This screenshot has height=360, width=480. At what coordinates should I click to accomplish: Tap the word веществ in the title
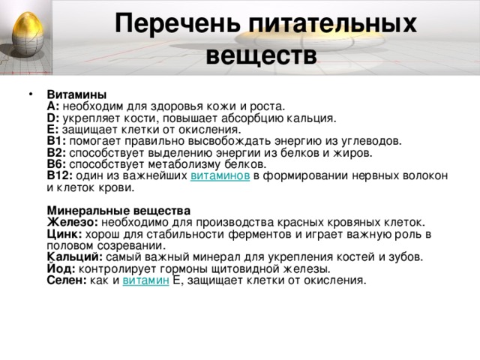click(260, 56)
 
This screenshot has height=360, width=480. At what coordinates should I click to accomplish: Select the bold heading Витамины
click(76, 94)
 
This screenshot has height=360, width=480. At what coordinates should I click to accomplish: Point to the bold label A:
click(53, 106)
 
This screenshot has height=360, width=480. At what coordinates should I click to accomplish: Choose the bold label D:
click(53, 118)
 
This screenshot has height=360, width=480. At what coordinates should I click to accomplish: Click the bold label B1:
click(56, 140)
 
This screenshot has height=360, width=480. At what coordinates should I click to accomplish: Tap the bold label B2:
click(56, 151)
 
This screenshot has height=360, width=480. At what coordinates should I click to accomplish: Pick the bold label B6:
click(56, 163)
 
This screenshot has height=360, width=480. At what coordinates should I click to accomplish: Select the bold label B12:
click(59, 175)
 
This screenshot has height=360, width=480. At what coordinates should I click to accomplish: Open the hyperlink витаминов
click(215, 175)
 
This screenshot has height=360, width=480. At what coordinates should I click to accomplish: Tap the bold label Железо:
click(72, 222)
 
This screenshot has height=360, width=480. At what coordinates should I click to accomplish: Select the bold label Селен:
click(66, 280)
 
